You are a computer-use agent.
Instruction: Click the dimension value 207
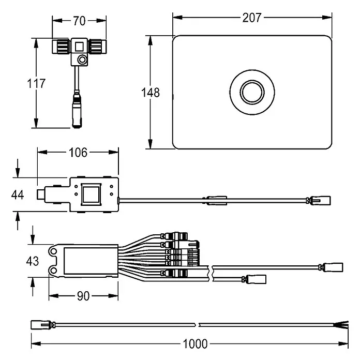252,18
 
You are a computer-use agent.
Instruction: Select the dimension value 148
151,93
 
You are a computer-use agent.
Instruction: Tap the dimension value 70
79,21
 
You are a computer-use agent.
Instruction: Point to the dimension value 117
36,83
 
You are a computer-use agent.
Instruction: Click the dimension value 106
78,153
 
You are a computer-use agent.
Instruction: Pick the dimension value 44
18,195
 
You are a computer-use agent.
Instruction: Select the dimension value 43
33,261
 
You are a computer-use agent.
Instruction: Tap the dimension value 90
83,296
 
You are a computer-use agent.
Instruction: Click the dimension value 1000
195,344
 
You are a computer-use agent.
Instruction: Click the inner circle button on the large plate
252,92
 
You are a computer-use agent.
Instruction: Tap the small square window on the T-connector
79,47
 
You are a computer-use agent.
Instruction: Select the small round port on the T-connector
82,60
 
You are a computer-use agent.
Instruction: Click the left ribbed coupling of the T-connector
61,47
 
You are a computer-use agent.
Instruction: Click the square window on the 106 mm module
91,194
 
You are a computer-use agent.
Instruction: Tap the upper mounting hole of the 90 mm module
53,251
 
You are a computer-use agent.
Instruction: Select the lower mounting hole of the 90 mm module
53,270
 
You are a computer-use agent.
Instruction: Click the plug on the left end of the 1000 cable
41,325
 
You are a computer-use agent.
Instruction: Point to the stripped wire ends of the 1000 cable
341,325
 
